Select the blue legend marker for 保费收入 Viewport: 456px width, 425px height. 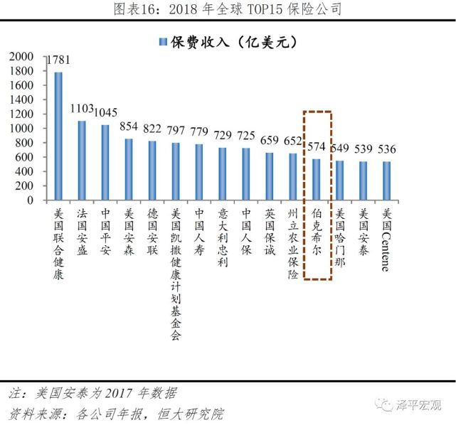[162, 43]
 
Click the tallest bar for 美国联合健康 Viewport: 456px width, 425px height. [58, 136]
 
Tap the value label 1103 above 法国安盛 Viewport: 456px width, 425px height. [82, 109]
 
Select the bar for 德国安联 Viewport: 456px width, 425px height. [152, 171]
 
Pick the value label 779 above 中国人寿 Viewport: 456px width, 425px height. [199, 132]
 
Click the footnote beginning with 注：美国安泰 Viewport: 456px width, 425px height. [92, 393]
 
